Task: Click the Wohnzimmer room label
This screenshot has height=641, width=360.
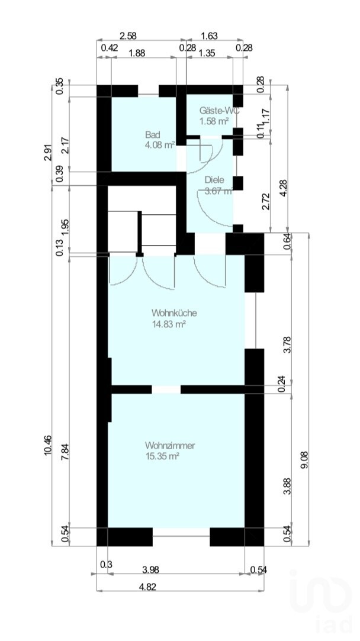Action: (169, 445)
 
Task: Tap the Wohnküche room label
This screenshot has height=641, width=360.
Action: (174, 313)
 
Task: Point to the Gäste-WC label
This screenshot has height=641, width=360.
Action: (219, 110)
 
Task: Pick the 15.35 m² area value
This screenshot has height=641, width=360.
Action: (162, 456)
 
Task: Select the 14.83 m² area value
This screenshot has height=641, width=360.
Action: (169, 324)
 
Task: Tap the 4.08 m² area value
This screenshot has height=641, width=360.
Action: (159, 146)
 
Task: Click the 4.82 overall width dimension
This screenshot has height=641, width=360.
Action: (147, 587)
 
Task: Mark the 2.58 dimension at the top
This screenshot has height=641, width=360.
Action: (127, 36)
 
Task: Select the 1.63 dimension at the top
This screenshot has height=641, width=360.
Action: (209, 36)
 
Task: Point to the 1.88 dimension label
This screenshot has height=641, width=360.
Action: (137, 53)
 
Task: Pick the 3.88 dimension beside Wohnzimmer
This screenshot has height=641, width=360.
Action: (288, 487)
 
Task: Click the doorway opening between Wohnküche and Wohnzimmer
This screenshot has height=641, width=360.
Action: (166, 389)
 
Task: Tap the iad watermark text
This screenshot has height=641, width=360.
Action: (335, 624)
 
